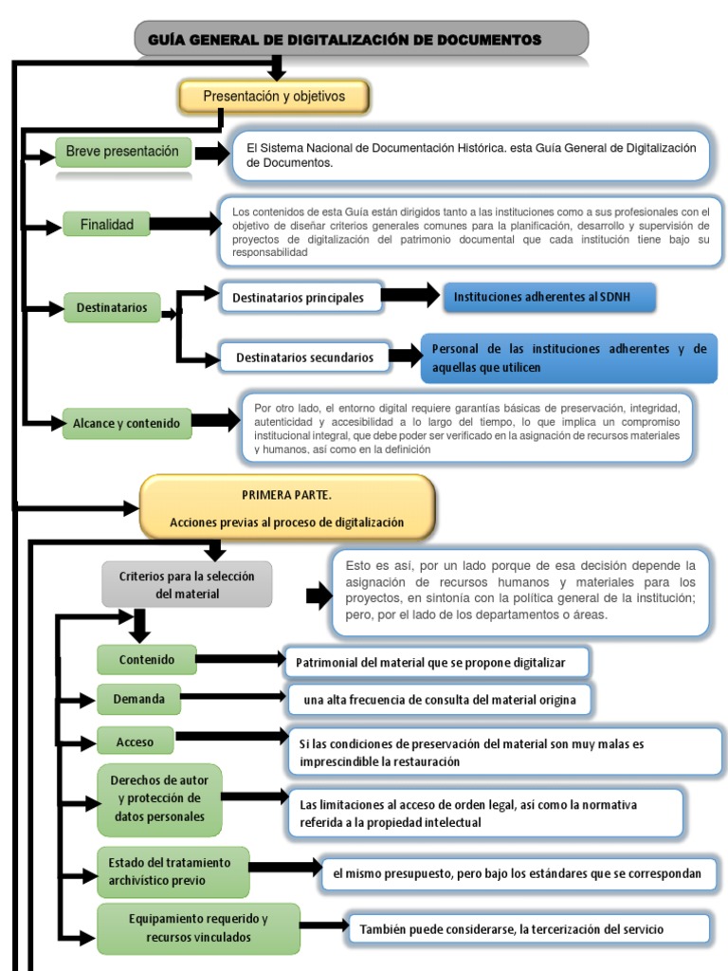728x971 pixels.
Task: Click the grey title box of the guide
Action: [x=361, y=39]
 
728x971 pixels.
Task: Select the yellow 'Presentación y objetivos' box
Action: [x=274, y=97]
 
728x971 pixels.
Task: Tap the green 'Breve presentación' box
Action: [x=123, y=152]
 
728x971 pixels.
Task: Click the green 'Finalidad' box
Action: [x=106, y=224]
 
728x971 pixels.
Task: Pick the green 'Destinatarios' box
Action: [x=112, y=308]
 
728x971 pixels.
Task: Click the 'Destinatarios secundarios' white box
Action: [x=304, y=357]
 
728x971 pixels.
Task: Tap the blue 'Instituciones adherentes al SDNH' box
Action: [x=549, y=297]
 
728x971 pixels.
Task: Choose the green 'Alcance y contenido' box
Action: [x=126, y=424]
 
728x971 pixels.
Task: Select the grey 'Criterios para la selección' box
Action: [x=187, y=584]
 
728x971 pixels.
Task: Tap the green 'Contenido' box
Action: [x=147, y=660]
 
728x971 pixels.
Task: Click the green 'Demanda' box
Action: [x=138, y=699]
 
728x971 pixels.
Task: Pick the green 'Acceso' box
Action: [x=135, y=741]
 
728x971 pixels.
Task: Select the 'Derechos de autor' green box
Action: [x=159, y=799]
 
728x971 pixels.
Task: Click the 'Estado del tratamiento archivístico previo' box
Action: [x=173, y=872]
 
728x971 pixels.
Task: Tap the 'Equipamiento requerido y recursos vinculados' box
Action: [x=198, y=928]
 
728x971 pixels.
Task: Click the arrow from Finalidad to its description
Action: [x=186, y=224]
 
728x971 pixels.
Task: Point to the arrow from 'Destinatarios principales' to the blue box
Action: [x=410, y=296]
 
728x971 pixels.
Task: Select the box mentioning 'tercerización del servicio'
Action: [x=529, y=929]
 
